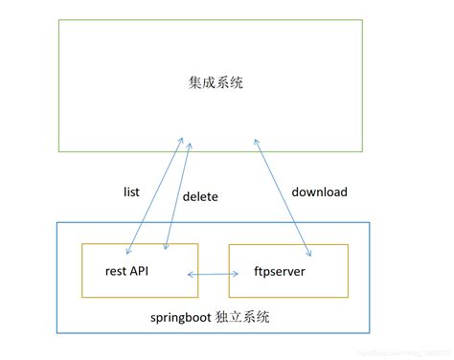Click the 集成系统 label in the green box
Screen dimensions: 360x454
(217, 83)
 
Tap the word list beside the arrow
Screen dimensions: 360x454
(132, 192)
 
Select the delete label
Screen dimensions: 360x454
(200, 197)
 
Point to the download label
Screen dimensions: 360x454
(319, 192)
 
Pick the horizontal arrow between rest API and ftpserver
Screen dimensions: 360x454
(212, 276)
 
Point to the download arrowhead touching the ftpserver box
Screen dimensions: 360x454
(308, 254)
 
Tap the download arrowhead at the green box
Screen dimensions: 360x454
(258, 141)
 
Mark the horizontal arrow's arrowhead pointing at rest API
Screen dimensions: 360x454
(191, 276)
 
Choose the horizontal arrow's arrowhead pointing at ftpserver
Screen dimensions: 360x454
(235, 276)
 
